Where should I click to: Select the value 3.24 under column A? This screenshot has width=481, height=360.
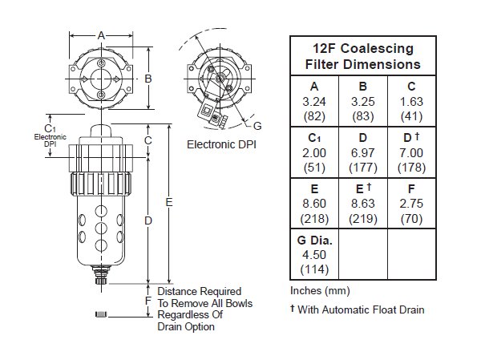click(313, 102)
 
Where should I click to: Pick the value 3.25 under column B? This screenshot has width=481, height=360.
click(363, 102)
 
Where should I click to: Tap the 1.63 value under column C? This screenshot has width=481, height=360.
click(411, 102)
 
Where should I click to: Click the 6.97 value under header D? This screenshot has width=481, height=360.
click(363, 152)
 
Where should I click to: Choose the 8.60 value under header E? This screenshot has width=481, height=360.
click(313, 203)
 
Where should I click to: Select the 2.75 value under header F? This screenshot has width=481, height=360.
click(411, 203)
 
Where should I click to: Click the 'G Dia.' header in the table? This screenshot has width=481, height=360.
click(313, 240)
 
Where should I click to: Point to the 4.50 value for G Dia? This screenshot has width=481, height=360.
click(313, 253)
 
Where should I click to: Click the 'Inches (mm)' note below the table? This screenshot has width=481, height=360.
click(320, 290)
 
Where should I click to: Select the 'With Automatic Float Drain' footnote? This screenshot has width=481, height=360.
click(361, 309)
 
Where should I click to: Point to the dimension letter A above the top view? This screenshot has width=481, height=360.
click(101, 35)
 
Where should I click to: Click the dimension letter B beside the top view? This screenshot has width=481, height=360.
click(148, 79)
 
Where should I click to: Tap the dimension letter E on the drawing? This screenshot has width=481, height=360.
click(169, 203)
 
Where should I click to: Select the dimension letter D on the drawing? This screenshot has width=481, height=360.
click(148, 219)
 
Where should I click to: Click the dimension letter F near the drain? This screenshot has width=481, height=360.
click(148, 301)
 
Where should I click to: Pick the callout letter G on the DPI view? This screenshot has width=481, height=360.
click(257, 126)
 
